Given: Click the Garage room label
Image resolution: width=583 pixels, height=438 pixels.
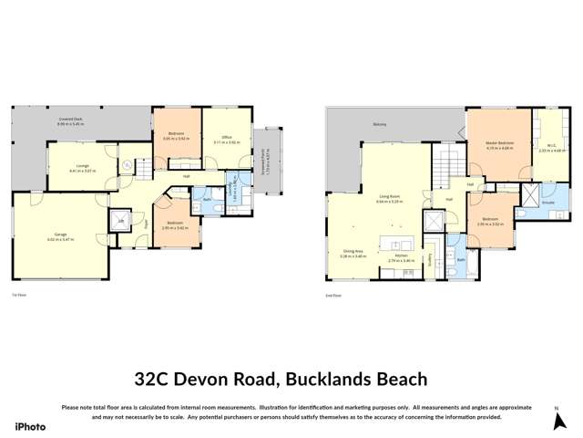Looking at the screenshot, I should [x=61, y=235].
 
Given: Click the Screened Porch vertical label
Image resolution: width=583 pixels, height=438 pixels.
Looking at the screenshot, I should [x=265, y=162].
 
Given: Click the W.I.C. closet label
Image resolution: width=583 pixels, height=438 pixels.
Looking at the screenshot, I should [x=552, y=146].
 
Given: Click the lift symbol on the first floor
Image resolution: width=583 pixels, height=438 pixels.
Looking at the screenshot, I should [x=120, y=221].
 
